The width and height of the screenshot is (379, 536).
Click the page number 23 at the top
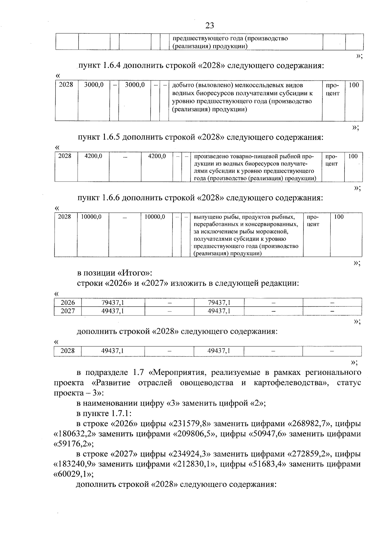coord(210,26)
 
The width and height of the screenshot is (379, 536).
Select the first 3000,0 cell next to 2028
coord(94,85)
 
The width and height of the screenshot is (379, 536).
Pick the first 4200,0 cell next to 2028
coord(93,156)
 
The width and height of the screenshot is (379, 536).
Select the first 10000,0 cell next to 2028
coord(91,217)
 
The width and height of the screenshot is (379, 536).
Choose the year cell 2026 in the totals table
coord(68,303)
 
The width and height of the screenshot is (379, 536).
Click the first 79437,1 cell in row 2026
coord(113,303)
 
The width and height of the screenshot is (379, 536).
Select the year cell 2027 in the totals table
coord(68,311)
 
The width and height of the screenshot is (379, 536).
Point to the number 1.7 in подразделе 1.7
coord(135,372)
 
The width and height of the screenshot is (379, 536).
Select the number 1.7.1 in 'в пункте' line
coord(120,413)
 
